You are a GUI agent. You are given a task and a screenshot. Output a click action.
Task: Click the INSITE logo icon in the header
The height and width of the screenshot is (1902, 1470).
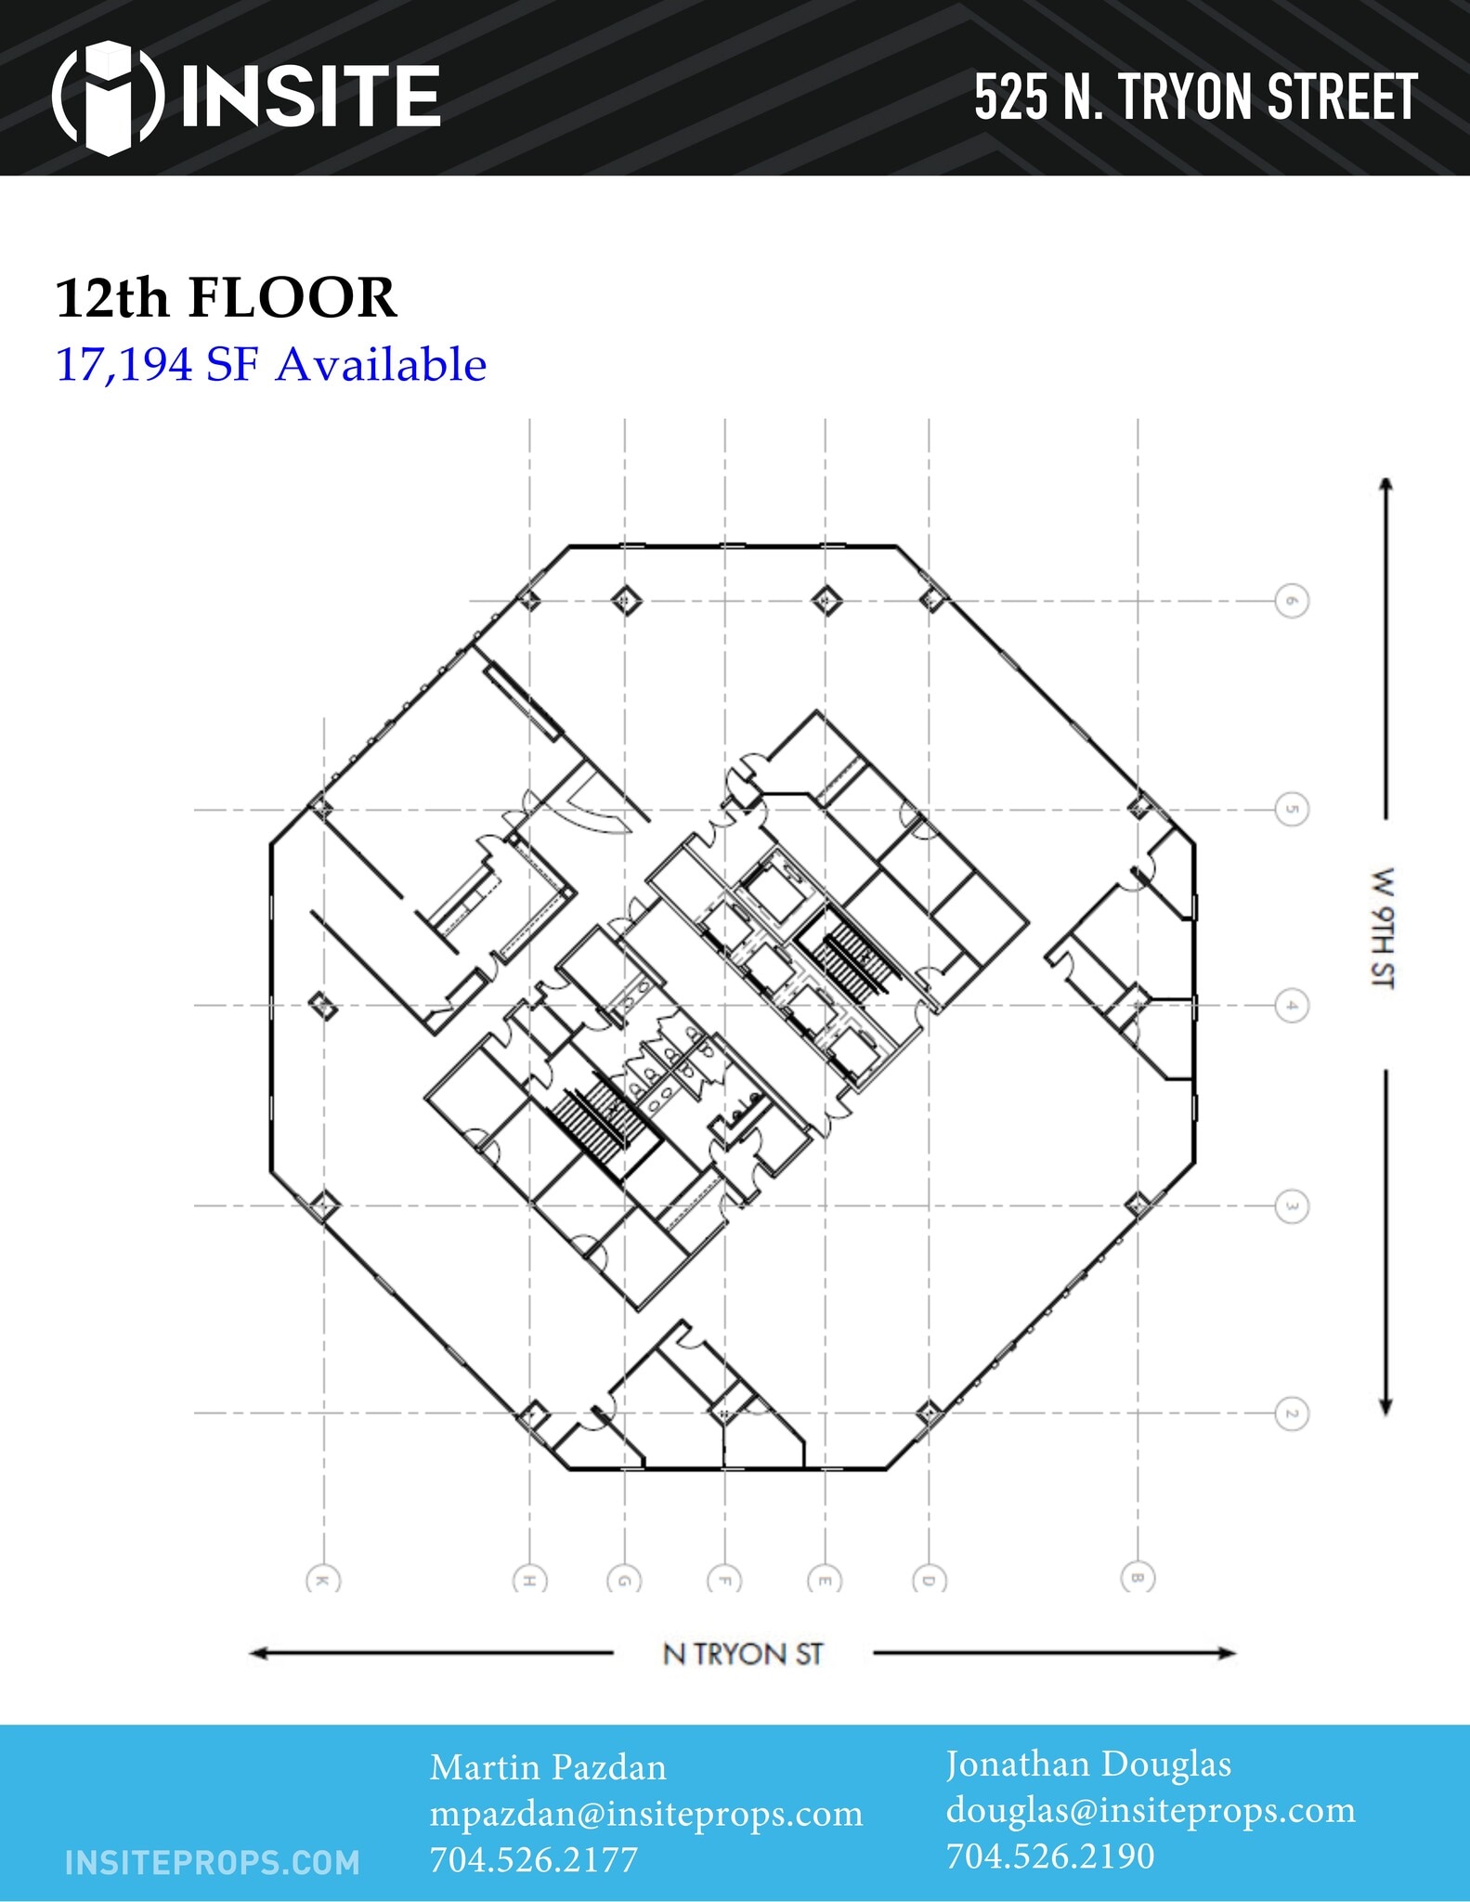108,97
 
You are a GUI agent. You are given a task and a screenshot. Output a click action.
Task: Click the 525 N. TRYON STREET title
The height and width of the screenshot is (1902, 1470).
1195,98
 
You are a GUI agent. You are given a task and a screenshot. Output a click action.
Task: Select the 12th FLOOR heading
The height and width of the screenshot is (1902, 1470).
227,298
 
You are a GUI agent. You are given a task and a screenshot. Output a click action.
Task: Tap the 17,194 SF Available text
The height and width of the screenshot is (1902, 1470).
271,364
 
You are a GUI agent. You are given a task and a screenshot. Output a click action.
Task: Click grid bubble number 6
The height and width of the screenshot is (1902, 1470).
1291,601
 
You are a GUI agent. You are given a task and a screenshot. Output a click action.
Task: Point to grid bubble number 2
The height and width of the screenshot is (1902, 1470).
1291,1413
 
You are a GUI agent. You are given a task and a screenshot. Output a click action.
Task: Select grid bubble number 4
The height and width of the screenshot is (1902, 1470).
1291,1006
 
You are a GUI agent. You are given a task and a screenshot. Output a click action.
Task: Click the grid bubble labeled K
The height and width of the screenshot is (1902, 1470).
323,1580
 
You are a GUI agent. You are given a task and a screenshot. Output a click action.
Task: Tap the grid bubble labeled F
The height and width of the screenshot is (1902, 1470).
724,1580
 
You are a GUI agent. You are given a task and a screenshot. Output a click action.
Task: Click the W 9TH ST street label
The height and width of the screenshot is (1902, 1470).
1383,928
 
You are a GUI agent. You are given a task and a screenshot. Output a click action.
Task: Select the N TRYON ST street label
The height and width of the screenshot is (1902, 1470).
743,1654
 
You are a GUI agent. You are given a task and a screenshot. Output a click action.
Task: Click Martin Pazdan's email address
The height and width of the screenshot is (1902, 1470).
646,1814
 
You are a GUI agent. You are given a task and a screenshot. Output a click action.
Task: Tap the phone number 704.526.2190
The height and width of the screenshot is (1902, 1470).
1050,1856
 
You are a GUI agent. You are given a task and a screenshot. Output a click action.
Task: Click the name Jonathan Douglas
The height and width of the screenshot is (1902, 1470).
1088,1764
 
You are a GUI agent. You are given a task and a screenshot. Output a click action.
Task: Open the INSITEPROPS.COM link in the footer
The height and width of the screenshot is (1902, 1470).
213,1862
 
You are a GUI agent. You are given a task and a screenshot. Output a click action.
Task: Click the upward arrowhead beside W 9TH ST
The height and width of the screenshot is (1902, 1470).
1385,485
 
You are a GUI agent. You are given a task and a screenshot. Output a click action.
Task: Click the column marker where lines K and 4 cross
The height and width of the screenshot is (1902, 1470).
323,1005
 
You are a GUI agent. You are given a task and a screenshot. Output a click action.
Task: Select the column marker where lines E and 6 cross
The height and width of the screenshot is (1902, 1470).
826,601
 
